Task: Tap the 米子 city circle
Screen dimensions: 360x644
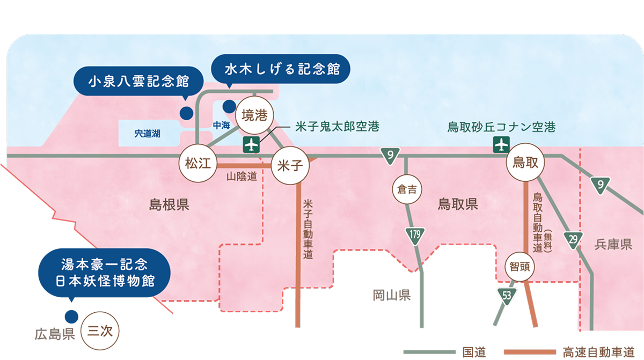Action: click(x=290, y=166)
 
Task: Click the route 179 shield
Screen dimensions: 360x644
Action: click(x=415, y=234)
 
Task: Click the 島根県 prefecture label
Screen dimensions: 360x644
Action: click(x=169, y=205)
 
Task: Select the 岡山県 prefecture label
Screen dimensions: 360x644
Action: click(x=392, y=295)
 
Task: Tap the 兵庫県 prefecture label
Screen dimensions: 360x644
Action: click(x=613, y=245)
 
